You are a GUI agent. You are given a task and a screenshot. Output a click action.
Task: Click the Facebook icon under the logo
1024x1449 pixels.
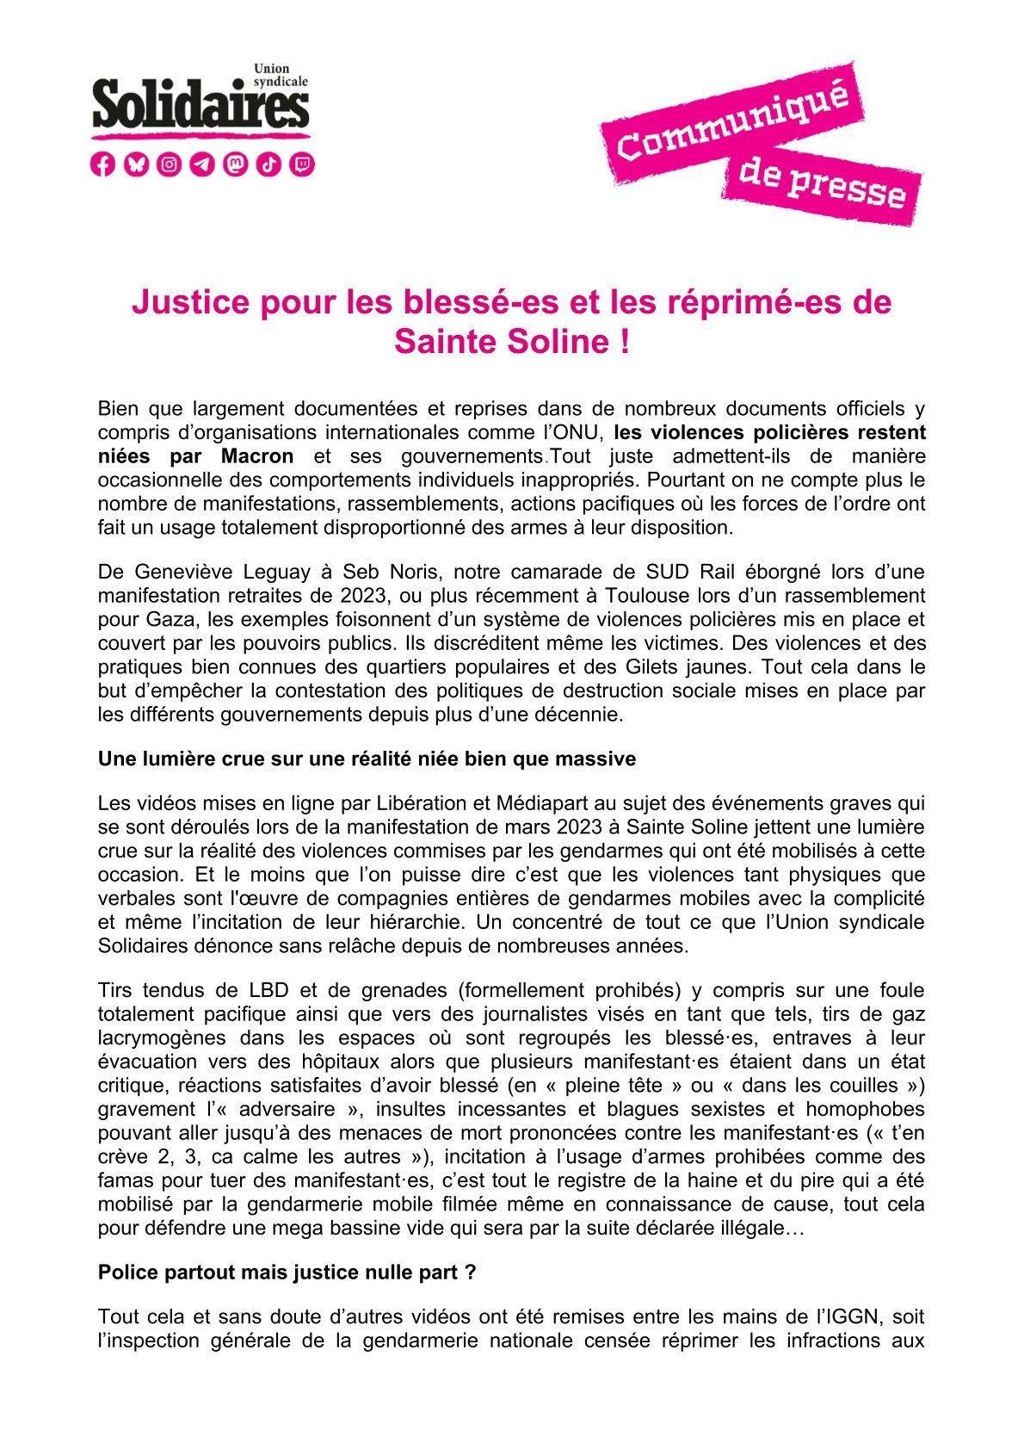102,164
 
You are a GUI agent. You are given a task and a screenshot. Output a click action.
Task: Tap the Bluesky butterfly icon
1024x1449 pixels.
136,164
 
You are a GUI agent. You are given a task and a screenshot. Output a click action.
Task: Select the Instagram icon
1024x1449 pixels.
170,164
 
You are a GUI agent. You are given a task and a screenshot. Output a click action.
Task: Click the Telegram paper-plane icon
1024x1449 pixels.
202,164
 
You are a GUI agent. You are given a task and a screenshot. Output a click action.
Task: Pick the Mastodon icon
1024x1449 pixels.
236,164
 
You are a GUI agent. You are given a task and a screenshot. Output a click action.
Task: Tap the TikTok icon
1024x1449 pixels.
269,164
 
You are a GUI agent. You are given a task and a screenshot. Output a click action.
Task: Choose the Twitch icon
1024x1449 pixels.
302,164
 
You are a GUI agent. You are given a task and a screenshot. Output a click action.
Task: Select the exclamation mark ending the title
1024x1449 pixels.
624,342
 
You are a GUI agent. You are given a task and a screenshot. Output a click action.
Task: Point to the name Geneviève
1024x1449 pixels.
184,572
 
